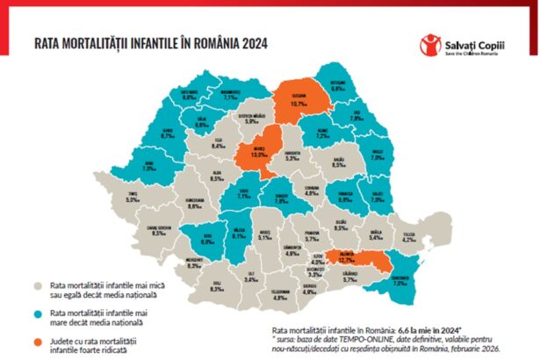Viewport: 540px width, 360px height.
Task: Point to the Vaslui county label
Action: tap(378, 155)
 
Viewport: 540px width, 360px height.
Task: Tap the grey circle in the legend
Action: tap(37, 285)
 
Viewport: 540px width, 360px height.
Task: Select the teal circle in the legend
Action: tap(37, 314)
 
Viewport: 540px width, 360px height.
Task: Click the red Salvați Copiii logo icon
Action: tap(429, 45)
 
